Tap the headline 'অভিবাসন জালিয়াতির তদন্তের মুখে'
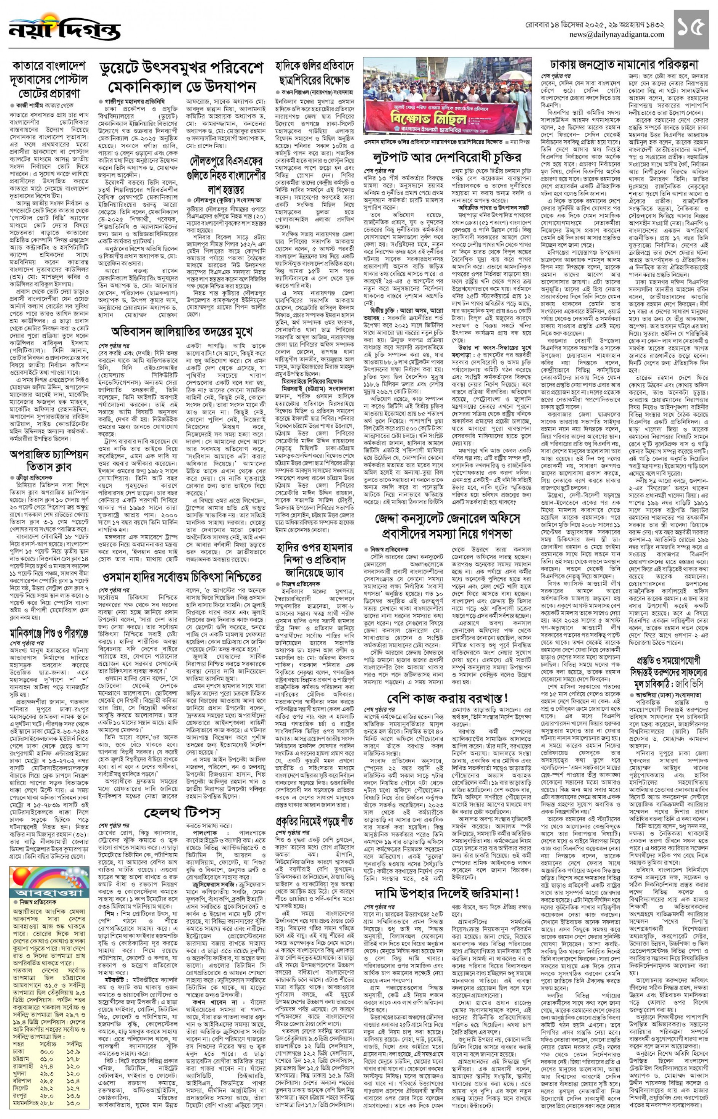tap(182, 332)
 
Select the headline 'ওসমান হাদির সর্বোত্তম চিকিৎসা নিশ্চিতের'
tap(182, 578)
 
